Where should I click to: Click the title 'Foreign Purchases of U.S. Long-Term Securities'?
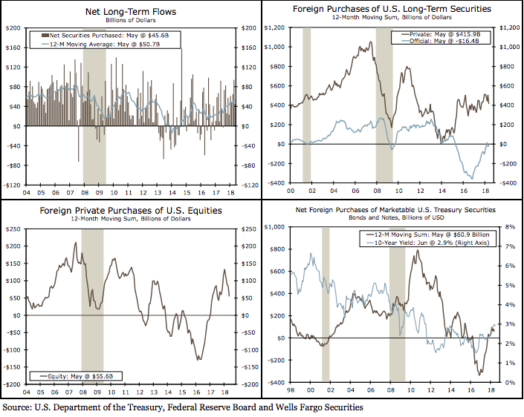[393, 9]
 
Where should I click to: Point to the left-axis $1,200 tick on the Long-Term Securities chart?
[275, 27]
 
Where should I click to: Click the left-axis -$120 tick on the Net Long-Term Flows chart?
[13, 185]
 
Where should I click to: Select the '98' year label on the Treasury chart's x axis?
[288, 390]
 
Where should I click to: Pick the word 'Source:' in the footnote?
[20, 407]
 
